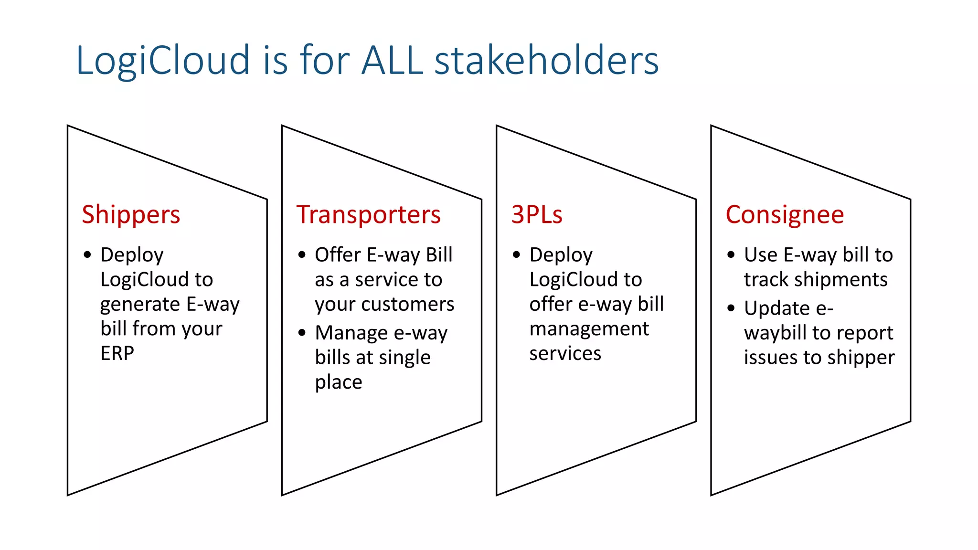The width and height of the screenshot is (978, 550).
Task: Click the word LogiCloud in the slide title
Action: (163, 61)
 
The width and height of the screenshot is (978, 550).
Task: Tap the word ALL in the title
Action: (392, 61)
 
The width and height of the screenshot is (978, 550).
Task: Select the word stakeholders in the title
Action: (546, 61)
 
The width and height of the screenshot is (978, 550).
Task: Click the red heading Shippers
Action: (131, 215)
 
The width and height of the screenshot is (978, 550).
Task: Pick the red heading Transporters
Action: (368, 215)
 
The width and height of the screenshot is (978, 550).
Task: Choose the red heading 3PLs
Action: (537, 215)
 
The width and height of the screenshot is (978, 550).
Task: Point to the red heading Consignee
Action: (785, 215)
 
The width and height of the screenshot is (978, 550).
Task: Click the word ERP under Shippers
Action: (117, 354)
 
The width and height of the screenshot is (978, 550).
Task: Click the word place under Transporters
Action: (339, 382)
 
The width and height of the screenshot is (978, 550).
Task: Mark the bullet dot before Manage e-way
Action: (302, 333)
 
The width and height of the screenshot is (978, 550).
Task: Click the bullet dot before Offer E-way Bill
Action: (302, 255)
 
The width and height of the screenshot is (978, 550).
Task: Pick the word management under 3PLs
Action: (589, 329)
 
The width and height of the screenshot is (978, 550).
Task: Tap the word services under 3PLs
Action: (565, 354)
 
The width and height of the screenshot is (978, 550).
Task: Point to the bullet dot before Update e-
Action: (731, 308)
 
